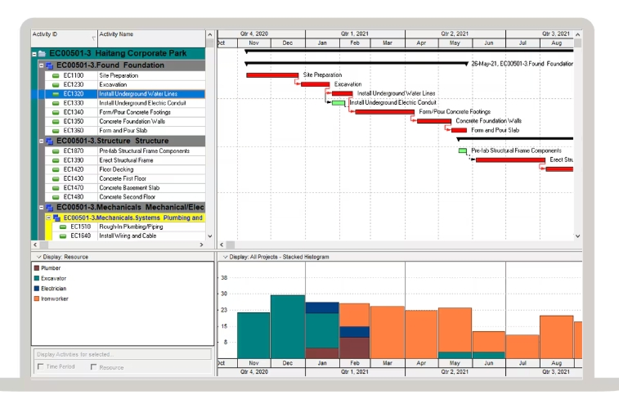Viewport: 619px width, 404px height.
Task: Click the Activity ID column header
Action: (44, 34)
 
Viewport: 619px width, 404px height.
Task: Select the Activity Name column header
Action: (116, 34)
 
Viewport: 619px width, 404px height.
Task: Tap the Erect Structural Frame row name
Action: (126, 160)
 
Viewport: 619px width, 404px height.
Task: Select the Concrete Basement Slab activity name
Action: (129, 188)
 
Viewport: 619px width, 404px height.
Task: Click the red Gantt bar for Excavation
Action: (315, 84)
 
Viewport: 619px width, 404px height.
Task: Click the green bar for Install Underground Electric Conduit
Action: (339, 103)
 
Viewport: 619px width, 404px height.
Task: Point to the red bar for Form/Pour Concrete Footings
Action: (384, 112)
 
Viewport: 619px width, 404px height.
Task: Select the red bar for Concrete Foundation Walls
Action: (433, 121)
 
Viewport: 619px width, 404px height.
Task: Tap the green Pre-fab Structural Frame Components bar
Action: (463, 151)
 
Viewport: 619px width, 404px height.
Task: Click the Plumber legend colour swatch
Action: (36, 267)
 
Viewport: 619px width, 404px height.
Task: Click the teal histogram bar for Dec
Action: (287, 326)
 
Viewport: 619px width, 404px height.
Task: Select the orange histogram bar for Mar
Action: (387, 332)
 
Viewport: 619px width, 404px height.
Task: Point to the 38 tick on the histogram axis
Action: (224, 278)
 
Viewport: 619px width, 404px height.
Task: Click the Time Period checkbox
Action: (41, 367)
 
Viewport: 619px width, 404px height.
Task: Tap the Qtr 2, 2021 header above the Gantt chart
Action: (455, 34)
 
